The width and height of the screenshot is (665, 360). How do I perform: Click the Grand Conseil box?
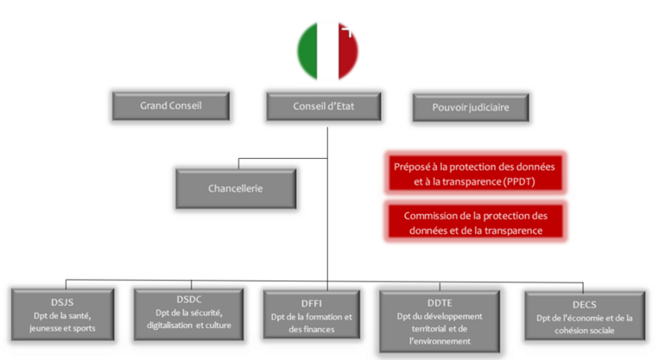point(171,105)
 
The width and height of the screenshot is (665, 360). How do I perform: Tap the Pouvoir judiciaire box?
point(471,108)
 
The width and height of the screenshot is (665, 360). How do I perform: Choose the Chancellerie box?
point(236,187)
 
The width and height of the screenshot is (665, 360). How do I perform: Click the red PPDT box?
point(474,174)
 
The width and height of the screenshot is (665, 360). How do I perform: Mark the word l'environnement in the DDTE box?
point(440,341)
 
